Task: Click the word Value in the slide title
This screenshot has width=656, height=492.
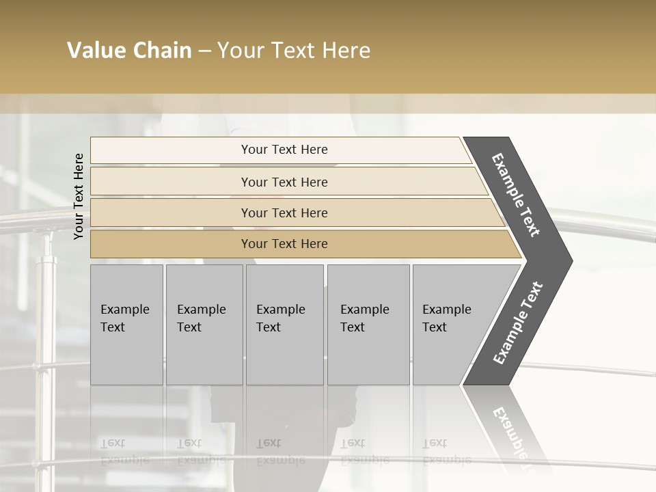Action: [96, 51]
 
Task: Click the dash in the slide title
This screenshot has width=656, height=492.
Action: [204, 51]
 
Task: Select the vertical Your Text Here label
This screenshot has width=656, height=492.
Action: [79, 196]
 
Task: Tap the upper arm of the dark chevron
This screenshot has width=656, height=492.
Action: [516, 195]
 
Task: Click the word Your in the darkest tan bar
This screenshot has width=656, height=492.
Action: [254, 244]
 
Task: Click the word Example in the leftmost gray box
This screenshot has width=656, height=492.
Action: [124, 310]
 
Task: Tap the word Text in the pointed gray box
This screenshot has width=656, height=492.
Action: [435, 327]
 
